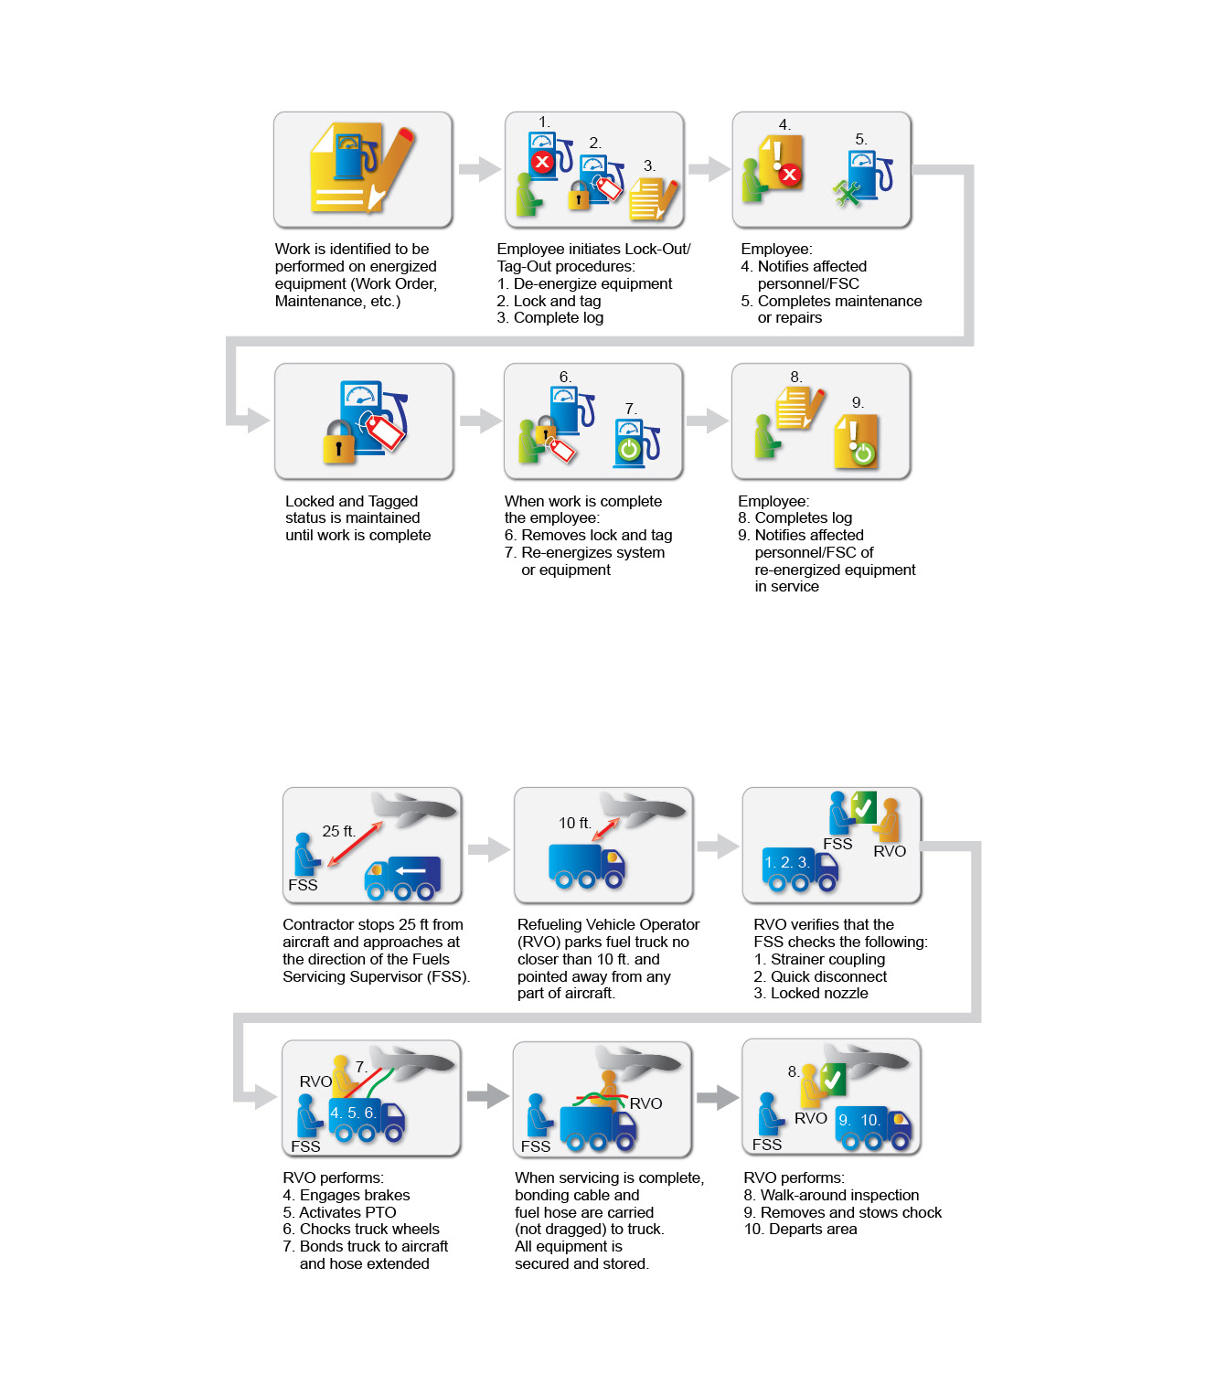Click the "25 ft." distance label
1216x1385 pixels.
pyautogui.click(x=338, y=831)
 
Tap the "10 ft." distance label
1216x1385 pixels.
pyautogui.click(x=574, y=823)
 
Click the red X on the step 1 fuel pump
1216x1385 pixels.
pyautogui.click(x=541, y=162)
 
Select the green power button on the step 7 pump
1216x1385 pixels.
pyautogui.click(x=628, y=449)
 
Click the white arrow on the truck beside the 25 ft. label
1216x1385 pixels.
pyautogui.click(x=411, y=870)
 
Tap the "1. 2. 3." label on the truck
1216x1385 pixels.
pyautogui.click(x=786, y=862)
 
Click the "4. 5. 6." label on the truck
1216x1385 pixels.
pyautogui.click(x=353, y=1113)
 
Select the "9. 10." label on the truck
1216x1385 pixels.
pyautogui.click(x=859, y=1120)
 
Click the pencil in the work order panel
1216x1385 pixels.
pyautogui.click(x=390, y=166)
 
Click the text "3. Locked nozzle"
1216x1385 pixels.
pyautogui.click(x=810, y=993)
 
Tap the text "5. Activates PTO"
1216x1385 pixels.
pyautogui.click(x=339, y=1212)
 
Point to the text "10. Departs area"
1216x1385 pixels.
pyautogui.click(x=800, y=1229)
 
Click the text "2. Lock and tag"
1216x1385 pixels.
pyautogui.click(x=549, y=301)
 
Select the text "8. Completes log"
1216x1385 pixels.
pyautogui.click(x=795, y=517)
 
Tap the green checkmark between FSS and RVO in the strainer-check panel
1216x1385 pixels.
pyautogui.click(x=863, y=807)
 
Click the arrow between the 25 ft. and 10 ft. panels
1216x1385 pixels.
pyautogui.click(x=489, y=849)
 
